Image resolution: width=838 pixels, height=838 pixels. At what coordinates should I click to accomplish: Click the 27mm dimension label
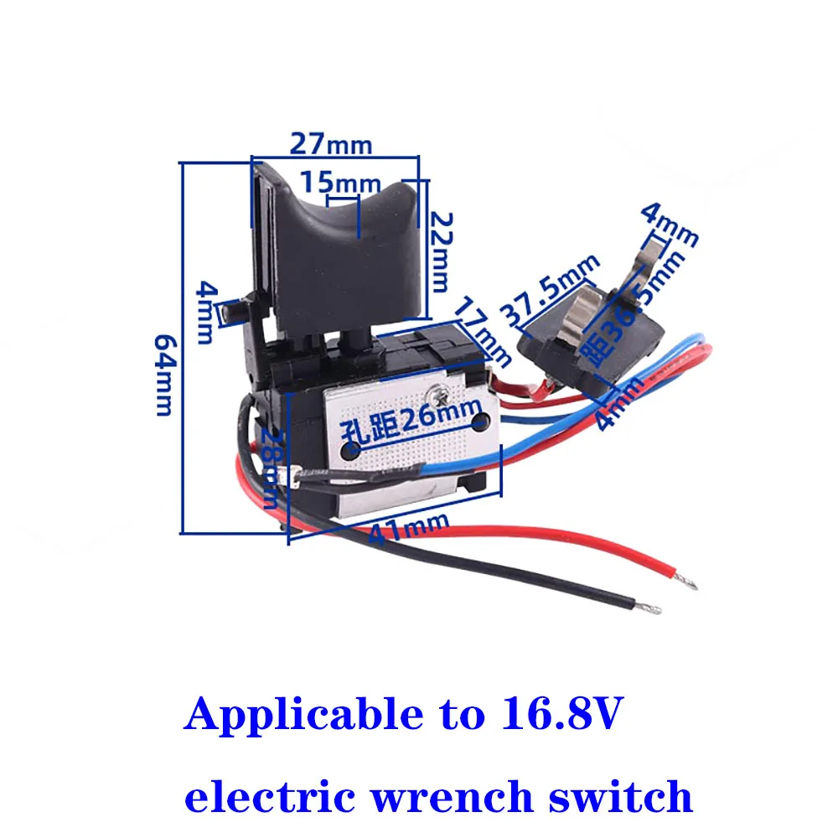(x=331, y=143)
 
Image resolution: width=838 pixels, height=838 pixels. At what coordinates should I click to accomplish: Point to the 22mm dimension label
(x=442, y=251)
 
